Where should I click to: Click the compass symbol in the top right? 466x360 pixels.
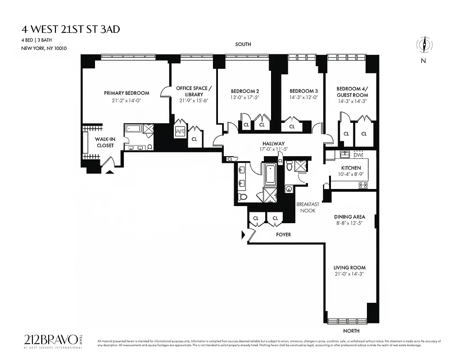pos(423,45)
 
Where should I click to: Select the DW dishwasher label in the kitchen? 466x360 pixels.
pos(358,155)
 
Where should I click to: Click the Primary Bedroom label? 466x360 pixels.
pos(127,93)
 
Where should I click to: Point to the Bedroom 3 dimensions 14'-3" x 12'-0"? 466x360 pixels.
pos(304,97)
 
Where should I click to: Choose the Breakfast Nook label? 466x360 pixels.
pos(308,207)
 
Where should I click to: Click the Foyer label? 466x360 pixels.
pos(283,234)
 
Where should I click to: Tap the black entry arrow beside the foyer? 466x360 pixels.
pos(244,234)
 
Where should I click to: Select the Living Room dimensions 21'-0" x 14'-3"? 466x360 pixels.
pos(350,274)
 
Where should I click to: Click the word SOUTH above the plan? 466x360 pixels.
pos(243,45)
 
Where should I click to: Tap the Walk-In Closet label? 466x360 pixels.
pos(104,142)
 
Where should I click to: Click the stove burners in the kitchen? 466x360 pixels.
pos(362,185)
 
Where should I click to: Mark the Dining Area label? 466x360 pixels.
pos(349,217)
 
